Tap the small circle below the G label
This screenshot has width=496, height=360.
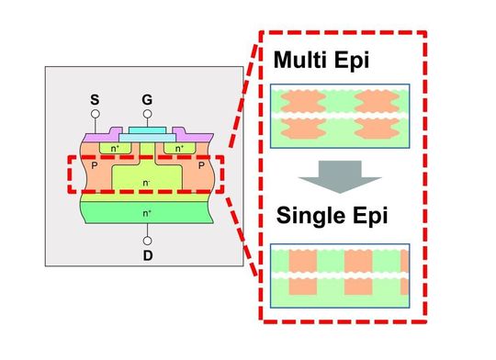pyautogui.click(x=146, y=114)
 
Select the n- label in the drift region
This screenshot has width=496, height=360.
pyautogui.click(x=146, y=181)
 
